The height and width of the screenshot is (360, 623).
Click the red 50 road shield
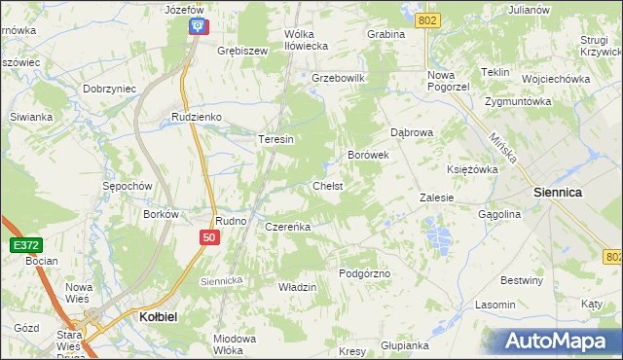tap(209, 237)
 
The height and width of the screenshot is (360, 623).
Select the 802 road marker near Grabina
tap(425, 19)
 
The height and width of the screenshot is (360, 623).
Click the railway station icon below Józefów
tap(198, 26)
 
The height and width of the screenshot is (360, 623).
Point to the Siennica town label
tap(558, 193)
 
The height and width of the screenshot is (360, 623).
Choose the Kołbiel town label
tap(150, 317)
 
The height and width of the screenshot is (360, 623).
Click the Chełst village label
tap(326, 186)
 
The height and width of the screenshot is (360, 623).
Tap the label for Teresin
tap(275, 139)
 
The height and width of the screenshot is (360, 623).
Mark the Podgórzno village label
tap(364, 273)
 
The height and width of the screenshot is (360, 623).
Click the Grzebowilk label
tap(337, 78)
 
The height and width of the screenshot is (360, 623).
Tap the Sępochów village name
tap(128, 185)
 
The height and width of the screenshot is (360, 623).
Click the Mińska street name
tap(505, 151)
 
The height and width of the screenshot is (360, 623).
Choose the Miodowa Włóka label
tap(235, 343)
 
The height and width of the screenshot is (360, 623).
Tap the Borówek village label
tap(369, 155)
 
